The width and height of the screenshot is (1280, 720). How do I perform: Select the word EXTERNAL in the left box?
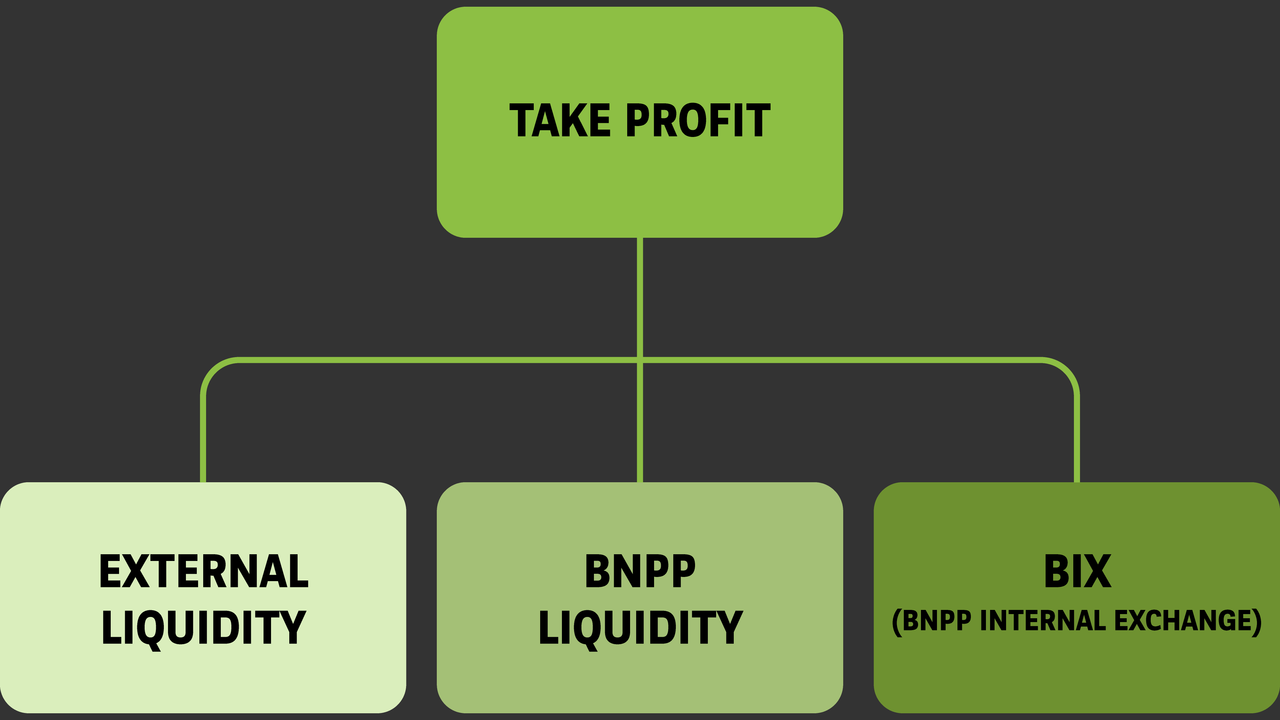click(204, 572)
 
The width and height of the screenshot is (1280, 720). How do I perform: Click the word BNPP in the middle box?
click(640, 572)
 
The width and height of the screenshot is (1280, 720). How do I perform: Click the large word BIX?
click(1077, 572)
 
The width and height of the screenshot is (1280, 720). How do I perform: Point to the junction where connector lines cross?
click(640, 360)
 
